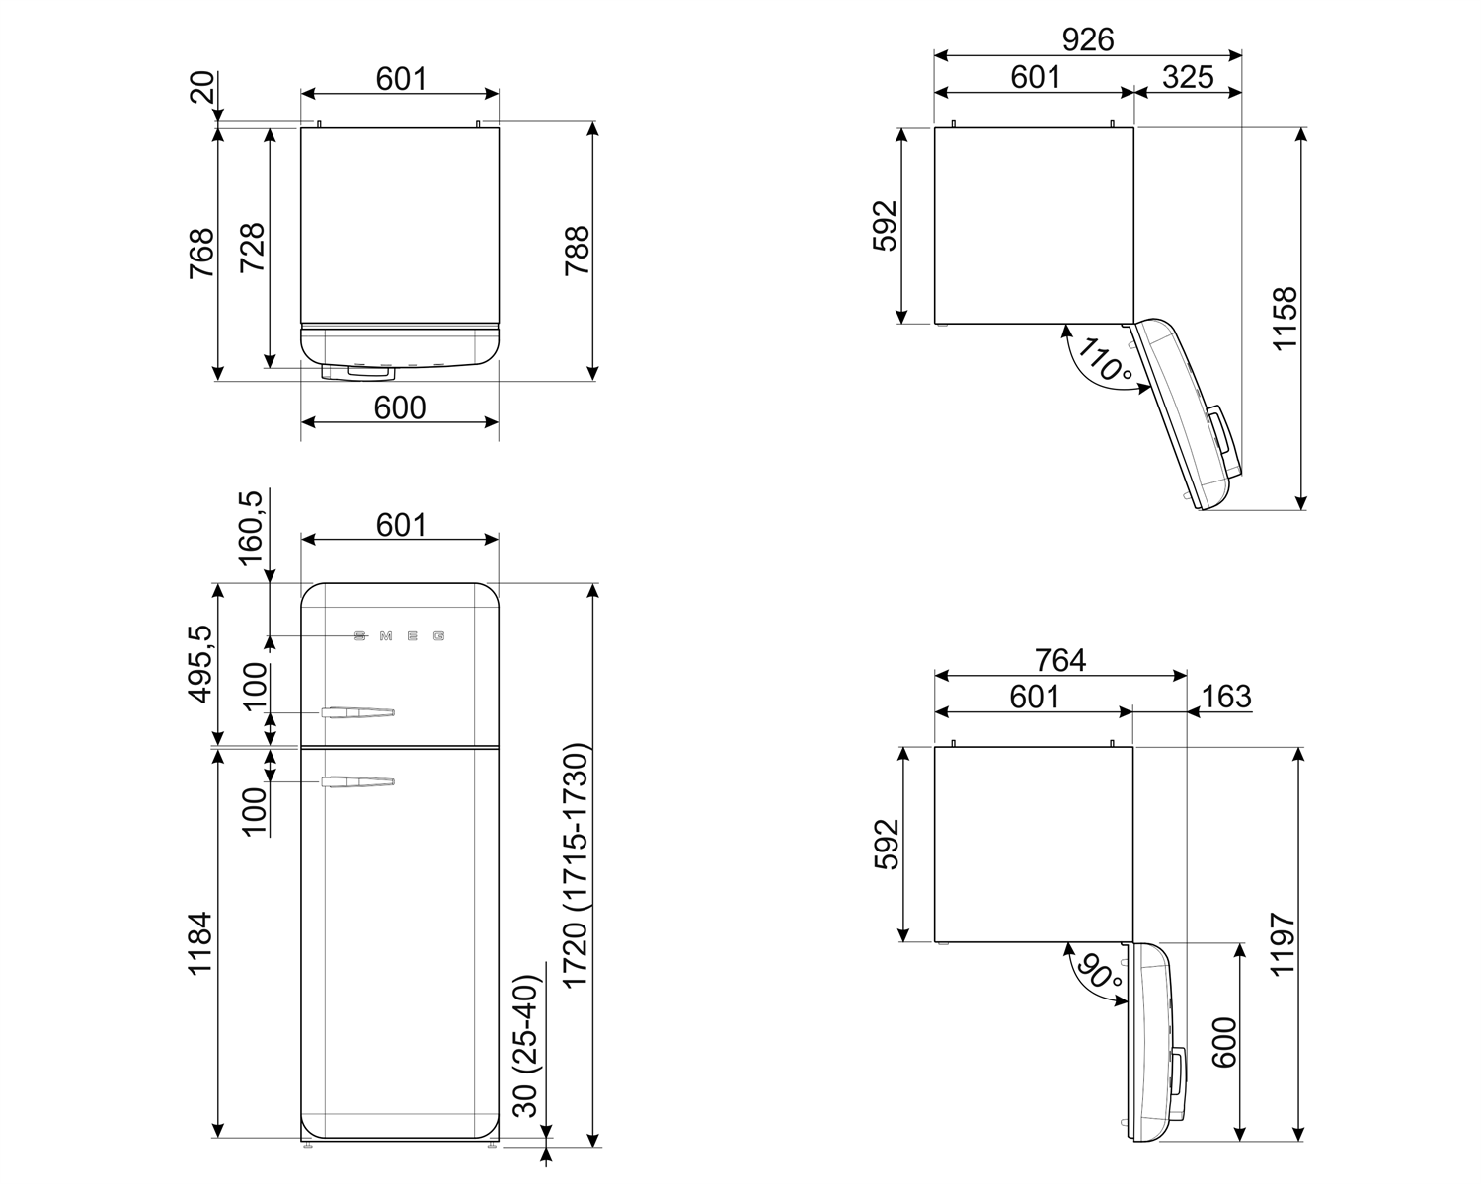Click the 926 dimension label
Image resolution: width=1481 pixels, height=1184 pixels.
point(1087,38)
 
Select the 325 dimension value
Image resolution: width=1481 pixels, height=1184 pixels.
point(1187,77)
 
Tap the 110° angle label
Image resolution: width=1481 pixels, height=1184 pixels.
point(1105,361)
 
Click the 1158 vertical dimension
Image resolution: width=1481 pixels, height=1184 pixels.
point(1285,318)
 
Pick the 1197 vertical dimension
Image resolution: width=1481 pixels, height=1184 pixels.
point(1283,943)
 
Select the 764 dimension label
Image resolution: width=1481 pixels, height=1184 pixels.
point(1059,659)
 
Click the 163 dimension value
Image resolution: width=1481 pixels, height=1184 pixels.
point(1226,697)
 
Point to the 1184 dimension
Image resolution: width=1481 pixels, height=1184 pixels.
point(199,943)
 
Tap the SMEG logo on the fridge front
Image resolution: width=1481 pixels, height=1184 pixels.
point(399,636)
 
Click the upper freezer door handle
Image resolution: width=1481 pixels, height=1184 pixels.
point(356,711)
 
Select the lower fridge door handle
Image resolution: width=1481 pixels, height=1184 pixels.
point(356,782)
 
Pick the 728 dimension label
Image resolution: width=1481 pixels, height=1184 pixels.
point(252,249)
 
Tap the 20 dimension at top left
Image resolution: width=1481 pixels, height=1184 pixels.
point(202,89)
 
